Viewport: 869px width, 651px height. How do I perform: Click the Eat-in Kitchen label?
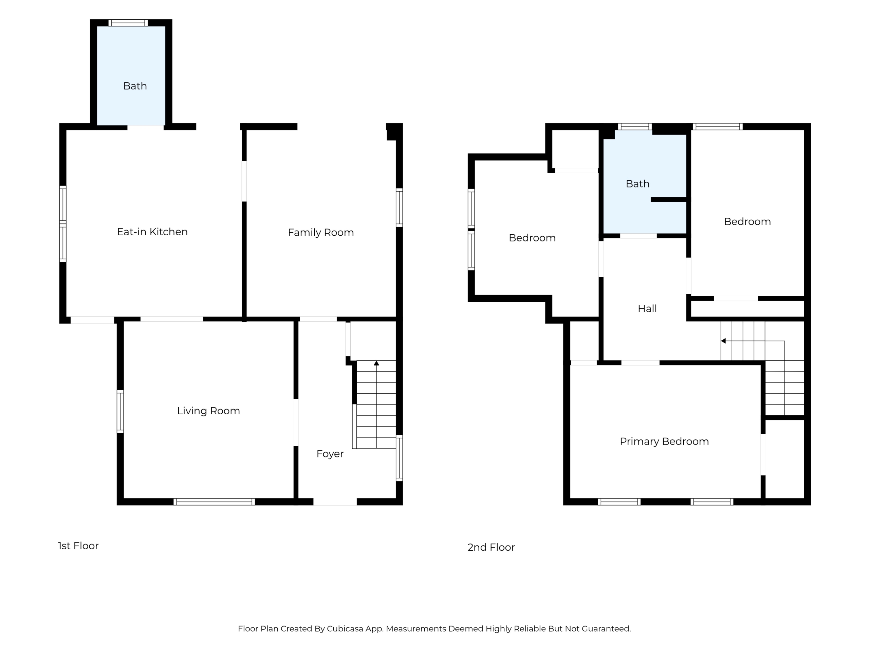click(x=152, y=232)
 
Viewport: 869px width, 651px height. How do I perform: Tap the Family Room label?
click(x=321, y=233)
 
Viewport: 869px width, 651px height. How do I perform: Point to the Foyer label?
click(x=330, y=454)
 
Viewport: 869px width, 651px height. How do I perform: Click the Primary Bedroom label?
click(x=664, y=441)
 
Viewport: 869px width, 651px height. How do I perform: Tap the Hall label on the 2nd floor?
click(x=647, y=309)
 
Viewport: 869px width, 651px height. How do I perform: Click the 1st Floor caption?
click(x=78, y=546)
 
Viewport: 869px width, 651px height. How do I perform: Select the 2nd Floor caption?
click(x=491, y=547)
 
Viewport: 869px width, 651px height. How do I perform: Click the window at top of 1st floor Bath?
click(x=128, y=23)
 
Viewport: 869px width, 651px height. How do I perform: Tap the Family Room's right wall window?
click(x=399, y=208)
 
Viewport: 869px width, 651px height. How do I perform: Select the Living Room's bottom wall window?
click(x=214, y=501)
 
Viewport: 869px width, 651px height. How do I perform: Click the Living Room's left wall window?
click(x=120, y=412)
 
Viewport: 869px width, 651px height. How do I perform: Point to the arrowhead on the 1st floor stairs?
click(x=376, y=363)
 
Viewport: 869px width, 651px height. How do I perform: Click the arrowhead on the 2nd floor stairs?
click(x=723, y=341)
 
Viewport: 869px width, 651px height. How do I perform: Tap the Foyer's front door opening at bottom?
click(x=335, y=501)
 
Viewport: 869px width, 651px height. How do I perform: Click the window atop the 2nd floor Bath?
click(x=635, y=126)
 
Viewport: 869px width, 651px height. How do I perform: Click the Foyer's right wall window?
click(x=399, y=458)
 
